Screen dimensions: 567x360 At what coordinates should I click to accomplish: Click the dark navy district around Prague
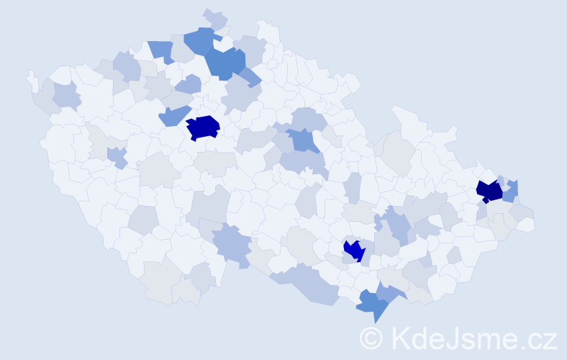click(203, 127)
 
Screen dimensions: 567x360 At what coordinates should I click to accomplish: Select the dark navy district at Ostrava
click(489, 191)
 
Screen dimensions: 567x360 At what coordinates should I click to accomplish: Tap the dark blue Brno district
click(354, 250)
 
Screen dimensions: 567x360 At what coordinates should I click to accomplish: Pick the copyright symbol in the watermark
click(372, 337)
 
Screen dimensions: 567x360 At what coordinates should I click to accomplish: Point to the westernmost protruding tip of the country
click(30, 75)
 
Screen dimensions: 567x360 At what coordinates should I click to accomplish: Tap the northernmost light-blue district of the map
click(215, 18)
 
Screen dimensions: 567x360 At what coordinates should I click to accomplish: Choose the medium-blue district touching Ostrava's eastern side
click(510, 191)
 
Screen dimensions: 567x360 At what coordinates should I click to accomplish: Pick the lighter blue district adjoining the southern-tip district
click(390, 290)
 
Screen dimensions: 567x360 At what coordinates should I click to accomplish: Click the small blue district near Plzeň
click(116, 156)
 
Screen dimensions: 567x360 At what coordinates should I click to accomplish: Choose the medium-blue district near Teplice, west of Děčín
click(162, 50)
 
